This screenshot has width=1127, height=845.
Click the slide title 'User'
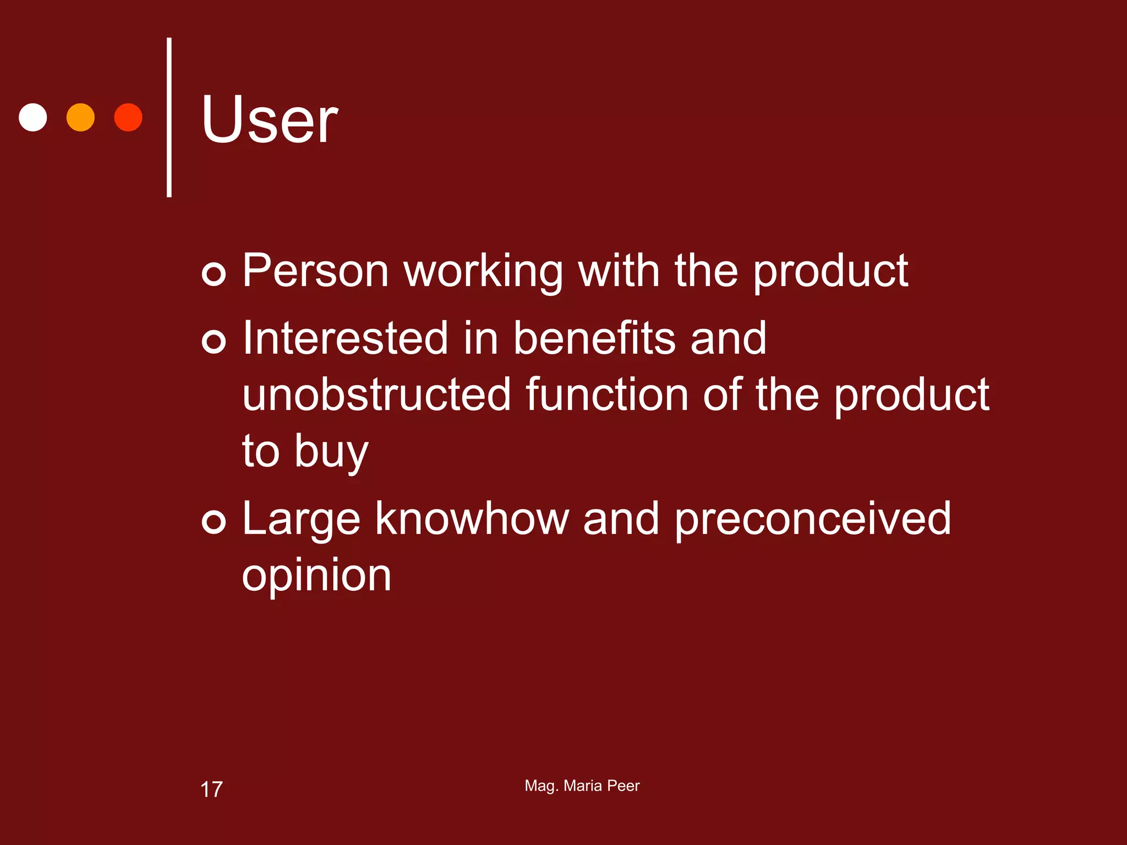[269, 119]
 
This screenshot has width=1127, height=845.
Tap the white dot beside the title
[33, 117]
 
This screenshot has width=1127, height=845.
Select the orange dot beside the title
[80, 117]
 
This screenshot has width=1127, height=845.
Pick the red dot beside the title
[128, 117]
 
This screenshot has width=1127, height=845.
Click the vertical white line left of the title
[169, 117]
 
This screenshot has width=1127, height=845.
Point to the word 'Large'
[301, 520]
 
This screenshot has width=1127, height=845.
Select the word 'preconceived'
[813, 520]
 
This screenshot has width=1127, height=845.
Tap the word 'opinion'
[316, 577]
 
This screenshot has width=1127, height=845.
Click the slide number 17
[211, 789]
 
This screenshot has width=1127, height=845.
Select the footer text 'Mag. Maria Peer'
[582, 786]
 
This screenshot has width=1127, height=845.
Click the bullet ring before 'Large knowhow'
[214, 522]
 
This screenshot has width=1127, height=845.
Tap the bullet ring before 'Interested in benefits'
[214, 341]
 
